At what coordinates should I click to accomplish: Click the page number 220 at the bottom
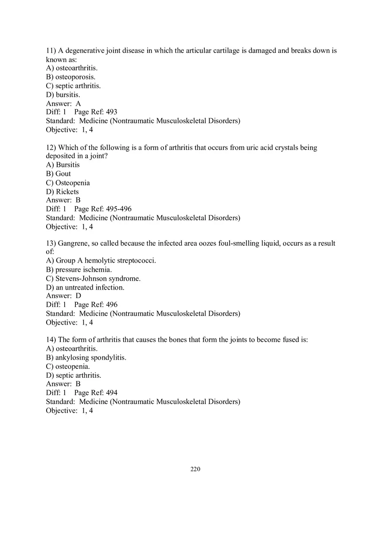click(x=195, y=469)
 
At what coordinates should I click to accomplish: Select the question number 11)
click(x=51, y=51)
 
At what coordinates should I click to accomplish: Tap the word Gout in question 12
click(x=63, y=174)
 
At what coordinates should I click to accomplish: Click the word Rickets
click(x=67, y=192)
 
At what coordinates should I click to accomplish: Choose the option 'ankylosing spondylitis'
click(x=91, y=357)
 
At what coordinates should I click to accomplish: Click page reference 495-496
click(x=119, y=209)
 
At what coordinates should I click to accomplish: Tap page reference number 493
click(x=112, y=112)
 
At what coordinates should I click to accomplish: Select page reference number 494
click(x=112, y=393)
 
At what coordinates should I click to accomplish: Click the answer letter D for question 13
click(x=78, y=296)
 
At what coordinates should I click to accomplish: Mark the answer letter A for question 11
click(x=78, y=104)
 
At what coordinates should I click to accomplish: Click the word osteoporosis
click(x=75, y=77)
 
